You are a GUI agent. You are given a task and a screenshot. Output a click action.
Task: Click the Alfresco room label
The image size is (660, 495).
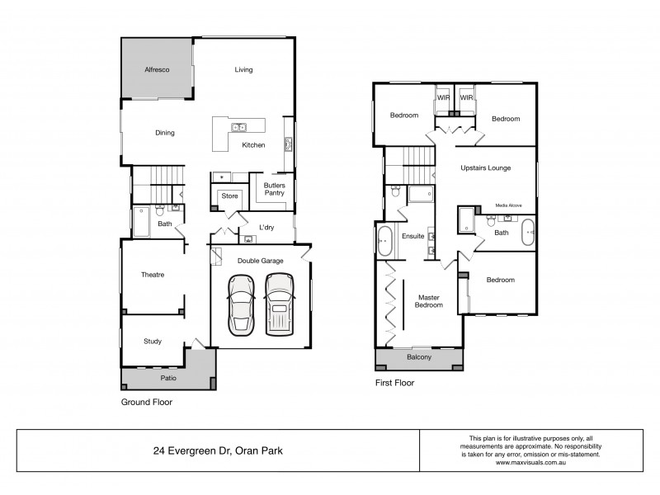pyautogui.click(x=157, y=70)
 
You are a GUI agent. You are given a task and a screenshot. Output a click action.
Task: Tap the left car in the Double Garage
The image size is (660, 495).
pyautogui.click(x=242, y=304)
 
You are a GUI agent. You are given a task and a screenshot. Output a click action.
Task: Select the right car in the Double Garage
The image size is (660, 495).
pyautogui.click(x=280, y=304)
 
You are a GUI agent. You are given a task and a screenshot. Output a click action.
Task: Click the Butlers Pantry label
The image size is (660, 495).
pyautogui.click(x=275, y=190)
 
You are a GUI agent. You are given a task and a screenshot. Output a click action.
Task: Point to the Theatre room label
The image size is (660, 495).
pyautogui.click(x=151, y=276)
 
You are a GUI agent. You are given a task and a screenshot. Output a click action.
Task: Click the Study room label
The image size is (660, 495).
pyautogui.click(x=152, y=341)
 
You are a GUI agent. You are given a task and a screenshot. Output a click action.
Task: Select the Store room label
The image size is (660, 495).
pyautogui.click(x=229, y=196)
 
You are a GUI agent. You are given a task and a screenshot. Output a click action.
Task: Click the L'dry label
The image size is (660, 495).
pyautogui.click(x=266, y=227)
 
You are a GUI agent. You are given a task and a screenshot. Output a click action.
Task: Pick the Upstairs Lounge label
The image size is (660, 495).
pyautogui.click(x=486, y=167)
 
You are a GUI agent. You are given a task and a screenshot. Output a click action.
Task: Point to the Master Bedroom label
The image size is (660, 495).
pyautogui.click(x=430, y=301)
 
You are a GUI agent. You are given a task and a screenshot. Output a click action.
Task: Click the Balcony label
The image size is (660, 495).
pyautogui.click(x=419, y=357)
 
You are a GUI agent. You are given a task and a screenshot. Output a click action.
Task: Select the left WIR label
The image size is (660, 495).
pyautogui.click(x=443, y=97)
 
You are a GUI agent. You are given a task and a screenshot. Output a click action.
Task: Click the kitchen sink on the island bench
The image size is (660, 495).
pyautogui.click(x=238, y=127)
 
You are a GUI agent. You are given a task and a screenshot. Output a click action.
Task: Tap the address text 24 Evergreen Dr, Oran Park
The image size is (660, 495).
pyautogui.click(x=217, y=451)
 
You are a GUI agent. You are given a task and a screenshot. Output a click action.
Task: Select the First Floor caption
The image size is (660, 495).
pyautogui.click(x=395, y=383)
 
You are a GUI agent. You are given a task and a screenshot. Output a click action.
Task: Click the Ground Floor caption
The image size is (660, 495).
pyautogui.click(x=147, y=403)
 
